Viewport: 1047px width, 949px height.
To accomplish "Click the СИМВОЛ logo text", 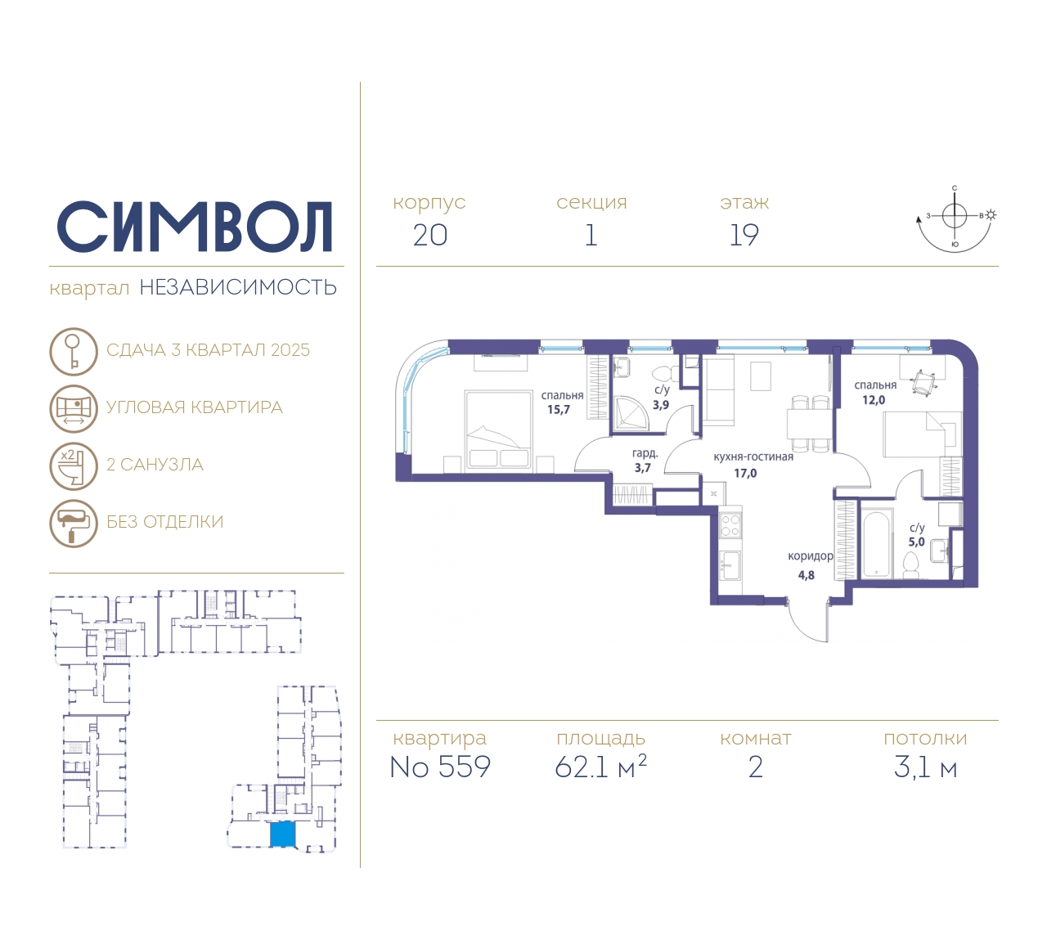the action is coord(194,227).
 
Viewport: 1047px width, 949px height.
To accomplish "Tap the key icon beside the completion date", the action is coord(74,351).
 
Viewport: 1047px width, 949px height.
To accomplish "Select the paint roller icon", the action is coord(74,524).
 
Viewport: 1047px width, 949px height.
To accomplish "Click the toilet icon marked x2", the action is coord(74,466).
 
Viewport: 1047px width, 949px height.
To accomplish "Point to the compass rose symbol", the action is coord(955,219).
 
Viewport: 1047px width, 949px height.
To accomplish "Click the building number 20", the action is coord(430,236).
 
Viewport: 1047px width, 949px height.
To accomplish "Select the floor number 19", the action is coord(744,236).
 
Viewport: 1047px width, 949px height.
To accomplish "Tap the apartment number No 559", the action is coord(440,767).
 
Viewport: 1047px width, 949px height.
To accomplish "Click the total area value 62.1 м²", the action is coord(600,767).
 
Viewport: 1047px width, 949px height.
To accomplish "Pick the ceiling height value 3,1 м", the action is coord(925,768).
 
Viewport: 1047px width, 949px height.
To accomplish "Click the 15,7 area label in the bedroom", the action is coord(559,410).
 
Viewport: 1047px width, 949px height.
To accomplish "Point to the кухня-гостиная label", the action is coord(753,457).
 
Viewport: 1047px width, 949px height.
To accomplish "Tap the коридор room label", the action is coord(811,556).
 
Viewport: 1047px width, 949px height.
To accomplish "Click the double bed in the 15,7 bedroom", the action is coord(498,429).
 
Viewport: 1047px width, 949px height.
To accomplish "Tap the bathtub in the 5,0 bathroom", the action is coord(877,545).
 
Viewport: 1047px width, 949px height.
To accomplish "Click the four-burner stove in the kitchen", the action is coord(730,526).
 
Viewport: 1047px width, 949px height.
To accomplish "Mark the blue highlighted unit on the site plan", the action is coord(283,834).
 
